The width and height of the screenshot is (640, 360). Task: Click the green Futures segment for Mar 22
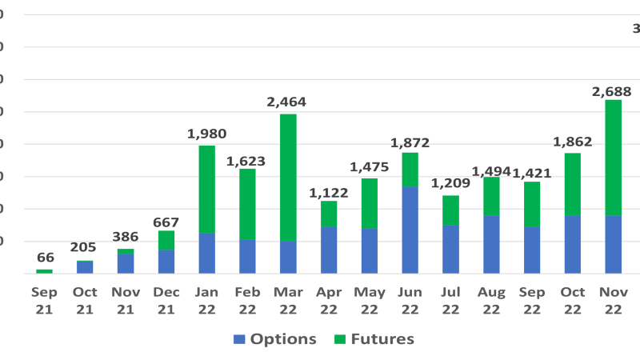click(x=288, y=177)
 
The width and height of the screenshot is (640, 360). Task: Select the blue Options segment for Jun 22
click(x=410, y=230)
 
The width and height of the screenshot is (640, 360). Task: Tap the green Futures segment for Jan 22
click(x=206, y=189)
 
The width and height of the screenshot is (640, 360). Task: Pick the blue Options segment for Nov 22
click(x=613, y=244)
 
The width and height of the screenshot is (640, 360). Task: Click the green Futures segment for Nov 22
click(x=613, y=157)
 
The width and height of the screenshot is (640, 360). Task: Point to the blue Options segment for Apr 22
click(x=329, y=250)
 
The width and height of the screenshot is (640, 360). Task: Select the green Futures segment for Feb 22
click(x=247, y=204)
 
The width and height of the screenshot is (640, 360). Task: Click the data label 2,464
click(x=286, y=102)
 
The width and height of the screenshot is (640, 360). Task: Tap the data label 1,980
click(x=206, y=134)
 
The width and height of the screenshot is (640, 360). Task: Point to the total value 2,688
click(x=612, y=91)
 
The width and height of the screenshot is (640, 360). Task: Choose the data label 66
click(x=45, y=258)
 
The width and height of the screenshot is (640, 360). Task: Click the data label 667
click(x=166, y=222)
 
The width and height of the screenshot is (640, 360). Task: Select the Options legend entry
click(x=275, y=339)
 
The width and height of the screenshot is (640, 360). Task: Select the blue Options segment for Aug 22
click(x=491, y=244)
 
